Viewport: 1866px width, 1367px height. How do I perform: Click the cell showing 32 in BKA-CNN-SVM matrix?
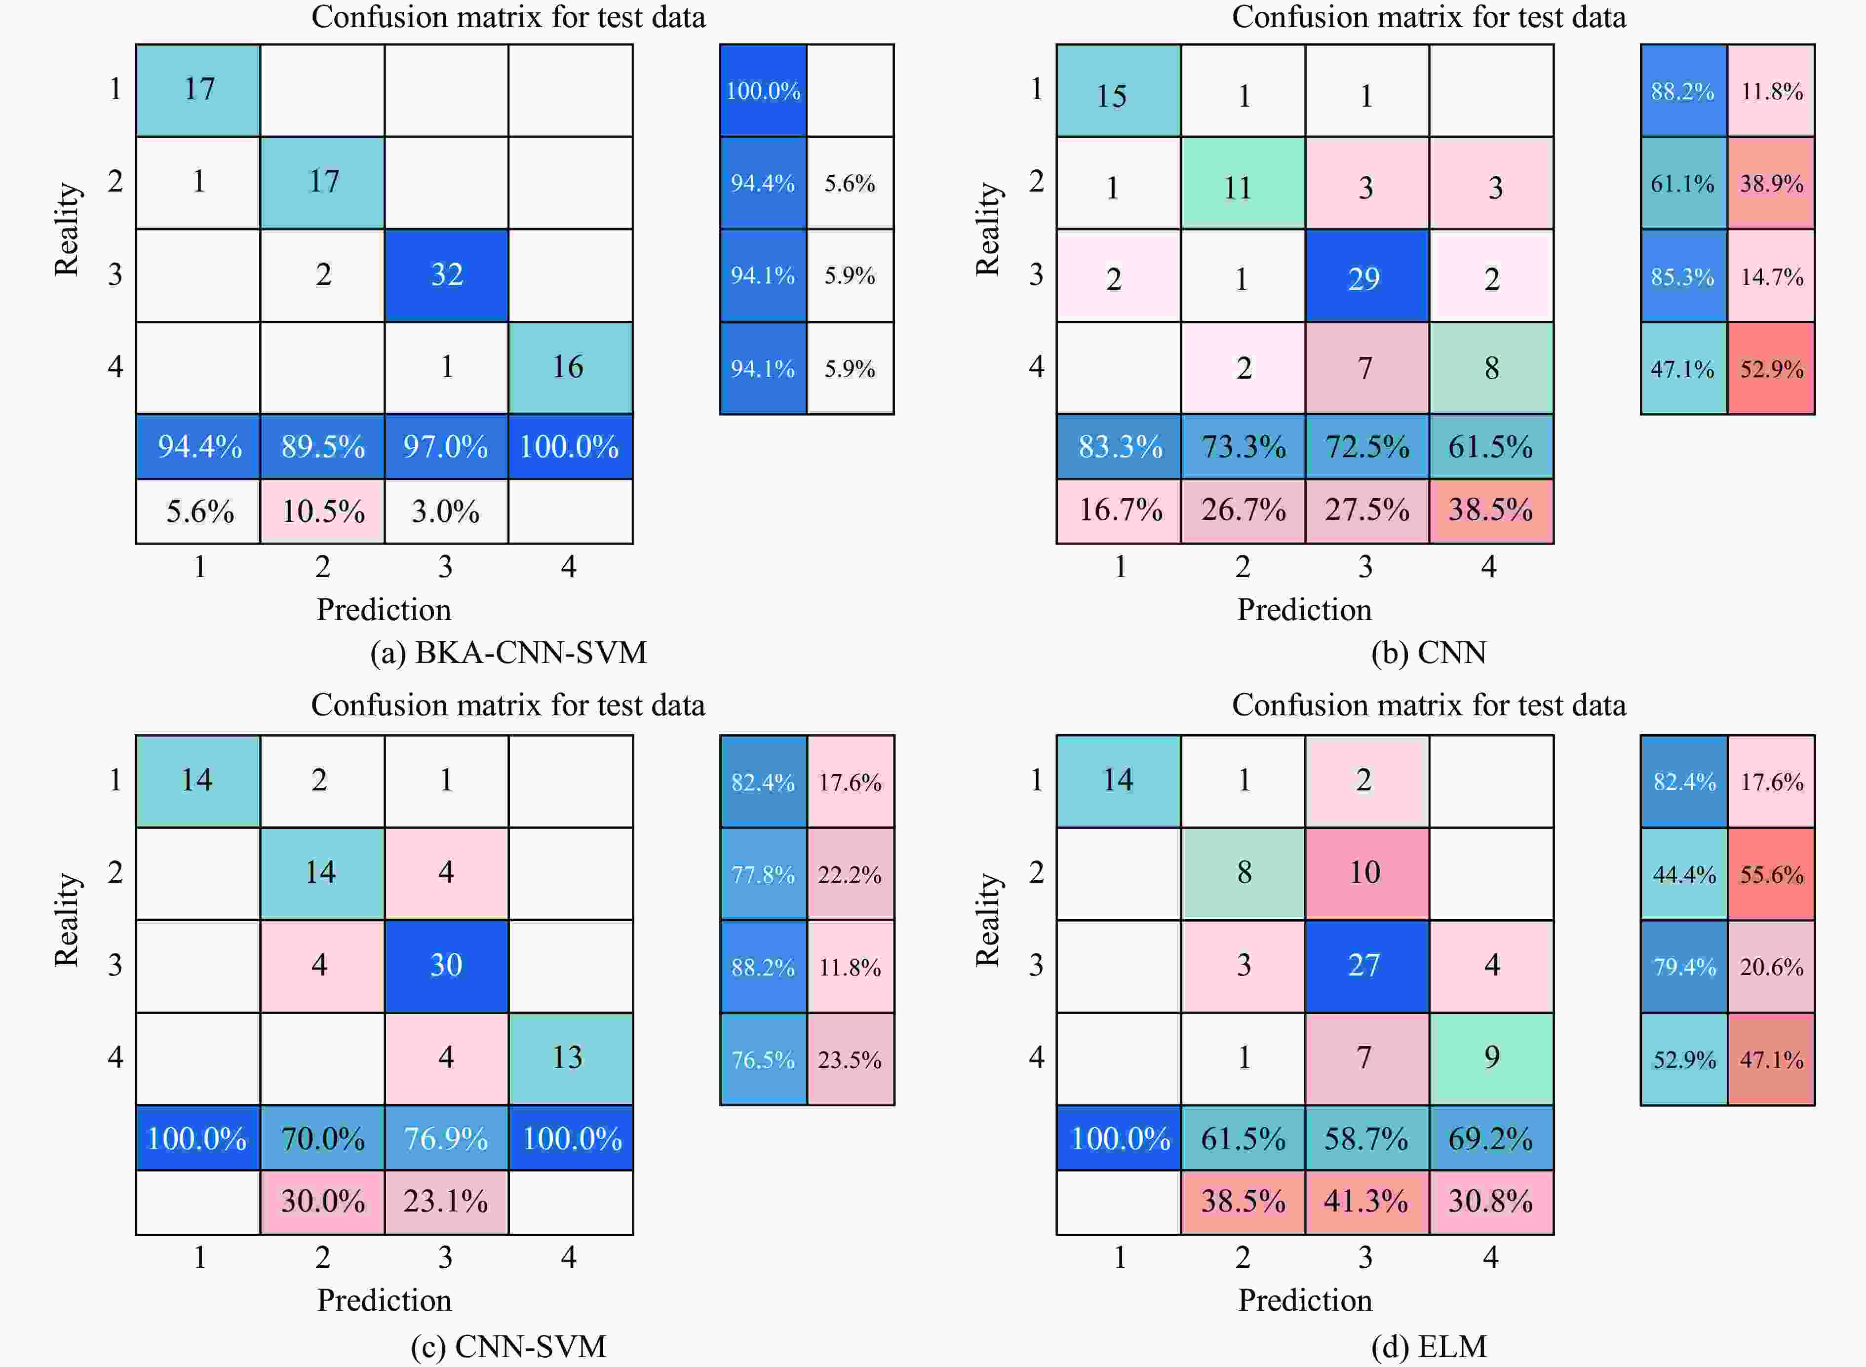[446, 274]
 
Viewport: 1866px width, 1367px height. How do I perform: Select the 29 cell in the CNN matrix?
[1366, 276]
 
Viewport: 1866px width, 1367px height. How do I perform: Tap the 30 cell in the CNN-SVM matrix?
[446, 965]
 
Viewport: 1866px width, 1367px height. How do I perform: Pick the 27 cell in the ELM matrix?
[1366, 965]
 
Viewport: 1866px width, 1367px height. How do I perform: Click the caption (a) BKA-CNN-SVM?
[508, 653]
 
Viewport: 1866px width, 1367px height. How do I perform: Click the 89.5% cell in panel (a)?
[323, 447]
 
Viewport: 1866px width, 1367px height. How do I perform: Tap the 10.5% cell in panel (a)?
[323, 511]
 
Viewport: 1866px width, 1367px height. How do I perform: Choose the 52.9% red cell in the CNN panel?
[1771, 368]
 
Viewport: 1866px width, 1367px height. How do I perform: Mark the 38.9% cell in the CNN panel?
[1771, 183]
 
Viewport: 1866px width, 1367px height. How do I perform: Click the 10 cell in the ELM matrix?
[1366, 872]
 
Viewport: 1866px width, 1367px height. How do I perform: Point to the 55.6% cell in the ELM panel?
[1771, 874]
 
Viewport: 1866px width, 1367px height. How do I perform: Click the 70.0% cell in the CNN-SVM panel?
[323, 1138]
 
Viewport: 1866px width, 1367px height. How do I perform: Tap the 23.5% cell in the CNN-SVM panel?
[850, 1059]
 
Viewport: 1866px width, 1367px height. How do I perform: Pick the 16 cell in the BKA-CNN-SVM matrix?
[569, 367]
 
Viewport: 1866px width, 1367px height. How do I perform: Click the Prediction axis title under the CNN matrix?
[1304, 610]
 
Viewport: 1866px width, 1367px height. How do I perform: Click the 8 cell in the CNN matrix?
[1491, 367]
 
